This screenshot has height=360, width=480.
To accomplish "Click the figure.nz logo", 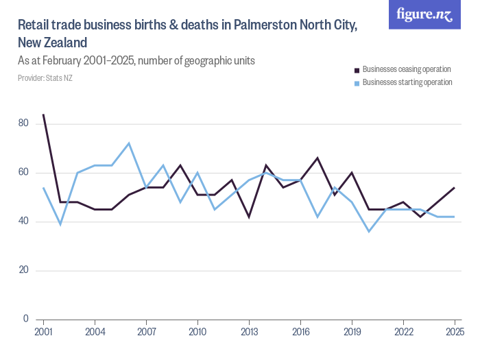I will (424, 14).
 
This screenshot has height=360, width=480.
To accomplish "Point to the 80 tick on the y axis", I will (24, 123).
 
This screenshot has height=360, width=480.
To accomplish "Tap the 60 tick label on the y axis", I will (24, 172).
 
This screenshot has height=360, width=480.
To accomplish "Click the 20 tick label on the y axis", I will (24, 270).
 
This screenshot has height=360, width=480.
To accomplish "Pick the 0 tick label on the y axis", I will (26, 319).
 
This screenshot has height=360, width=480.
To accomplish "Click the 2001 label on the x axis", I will (43, 333).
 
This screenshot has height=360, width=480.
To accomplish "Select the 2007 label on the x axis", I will (146, 333).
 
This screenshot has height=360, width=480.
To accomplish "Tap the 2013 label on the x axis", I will (249, 333).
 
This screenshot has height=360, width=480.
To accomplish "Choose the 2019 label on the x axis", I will (352, 333).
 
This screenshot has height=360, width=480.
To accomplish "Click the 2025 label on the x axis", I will (454, 333).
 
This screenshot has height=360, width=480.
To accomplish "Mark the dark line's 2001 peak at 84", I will (43, 115).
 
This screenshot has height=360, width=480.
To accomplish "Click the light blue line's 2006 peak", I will (129, 143).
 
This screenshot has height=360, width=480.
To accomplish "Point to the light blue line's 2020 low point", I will (369, 231).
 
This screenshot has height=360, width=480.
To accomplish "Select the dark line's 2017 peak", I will (317, 158).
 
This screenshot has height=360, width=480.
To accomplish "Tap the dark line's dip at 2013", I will (249, 217).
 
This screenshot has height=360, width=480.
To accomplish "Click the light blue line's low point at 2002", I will (60, 224).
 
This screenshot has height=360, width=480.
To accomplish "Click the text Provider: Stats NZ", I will (45, 78).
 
